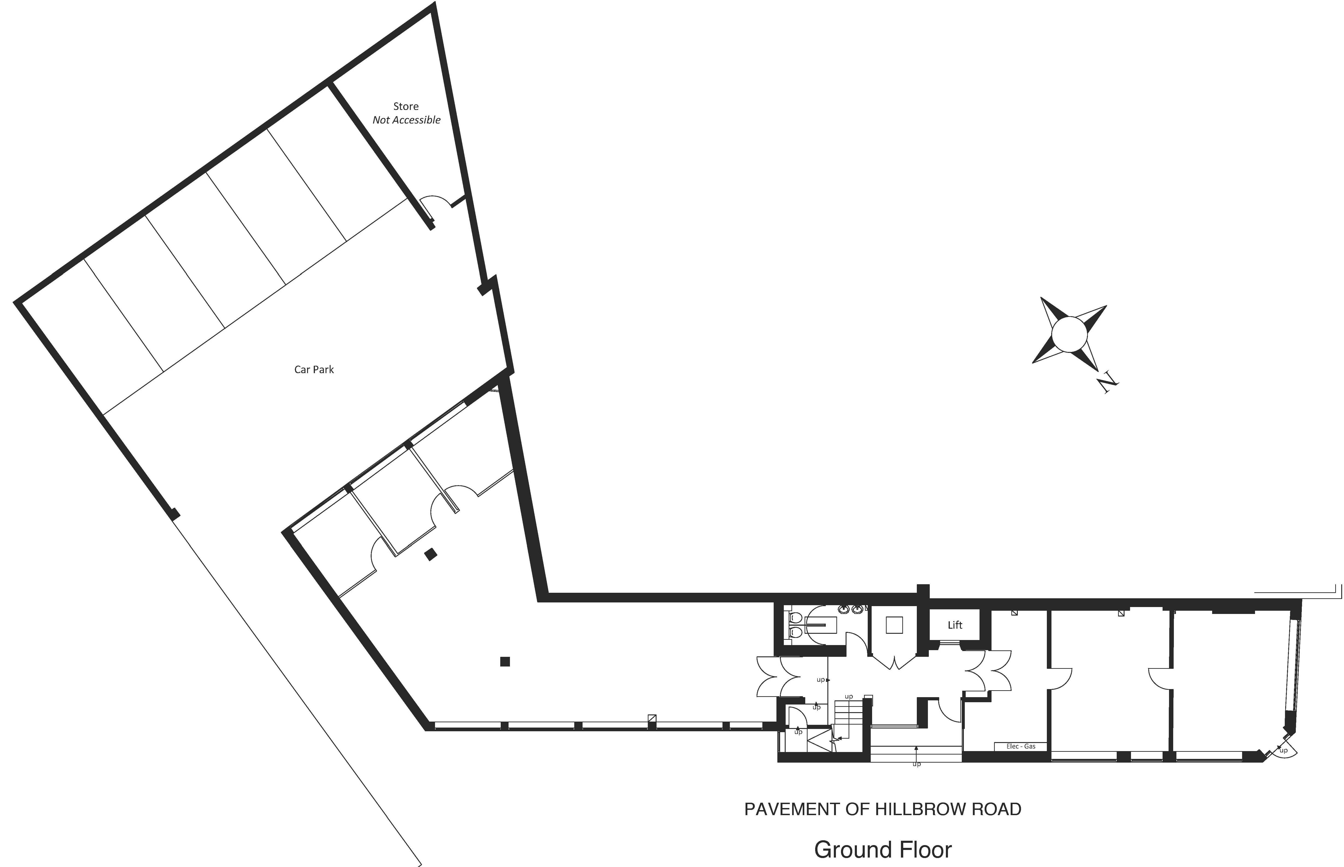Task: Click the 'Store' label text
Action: tap(406, 106)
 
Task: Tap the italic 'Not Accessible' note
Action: tap(406, 120)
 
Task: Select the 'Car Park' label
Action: tap(314, 370)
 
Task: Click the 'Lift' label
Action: tap(955, 625)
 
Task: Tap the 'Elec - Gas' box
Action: tap(1021, 746)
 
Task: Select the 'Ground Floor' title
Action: tap(882, 849)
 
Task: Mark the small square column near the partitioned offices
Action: tap(431, 554)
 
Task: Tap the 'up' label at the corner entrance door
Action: tap(1283, 750)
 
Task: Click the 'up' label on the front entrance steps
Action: tap(916, 764)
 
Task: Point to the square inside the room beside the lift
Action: tap(894, 625)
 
